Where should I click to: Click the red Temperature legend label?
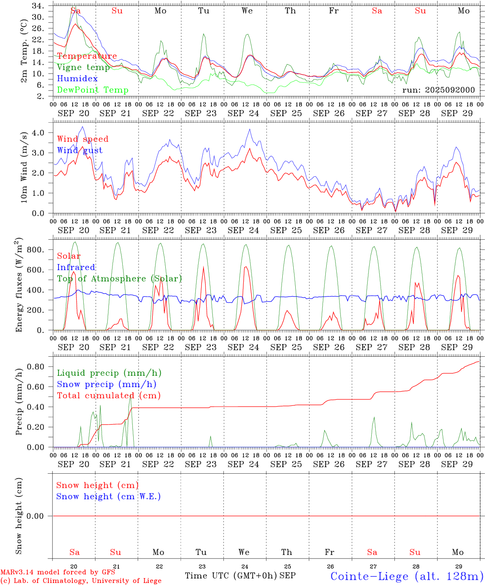click(x=87, y=56)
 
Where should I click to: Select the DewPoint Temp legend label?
click(x=93, y=90)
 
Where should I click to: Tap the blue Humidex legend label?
click(x=77, y=79)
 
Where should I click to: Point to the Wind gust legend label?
click(x=80, y=150)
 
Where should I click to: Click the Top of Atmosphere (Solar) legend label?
click(x=119, y=279)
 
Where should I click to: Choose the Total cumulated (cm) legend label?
click(x=109, y=395)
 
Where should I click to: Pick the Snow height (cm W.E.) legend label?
click(x=108, y=496)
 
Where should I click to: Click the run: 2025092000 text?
click(x=438, y=90)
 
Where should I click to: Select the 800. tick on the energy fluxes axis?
click(x=41, y=250)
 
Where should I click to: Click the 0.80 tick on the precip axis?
click(x=40, y=367)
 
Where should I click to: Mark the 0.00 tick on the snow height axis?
click(x=40, y=516)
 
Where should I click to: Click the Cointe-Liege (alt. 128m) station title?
click(x=407, y=576)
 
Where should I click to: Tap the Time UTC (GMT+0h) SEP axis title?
click(x=240, y=576)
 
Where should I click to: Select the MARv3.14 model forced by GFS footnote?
click(x=58, y=572)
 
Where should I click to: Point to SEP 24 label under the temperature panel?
click(x=243, y=113)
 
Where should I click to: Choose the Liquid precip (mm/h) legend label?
click(x=109, y=373)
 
